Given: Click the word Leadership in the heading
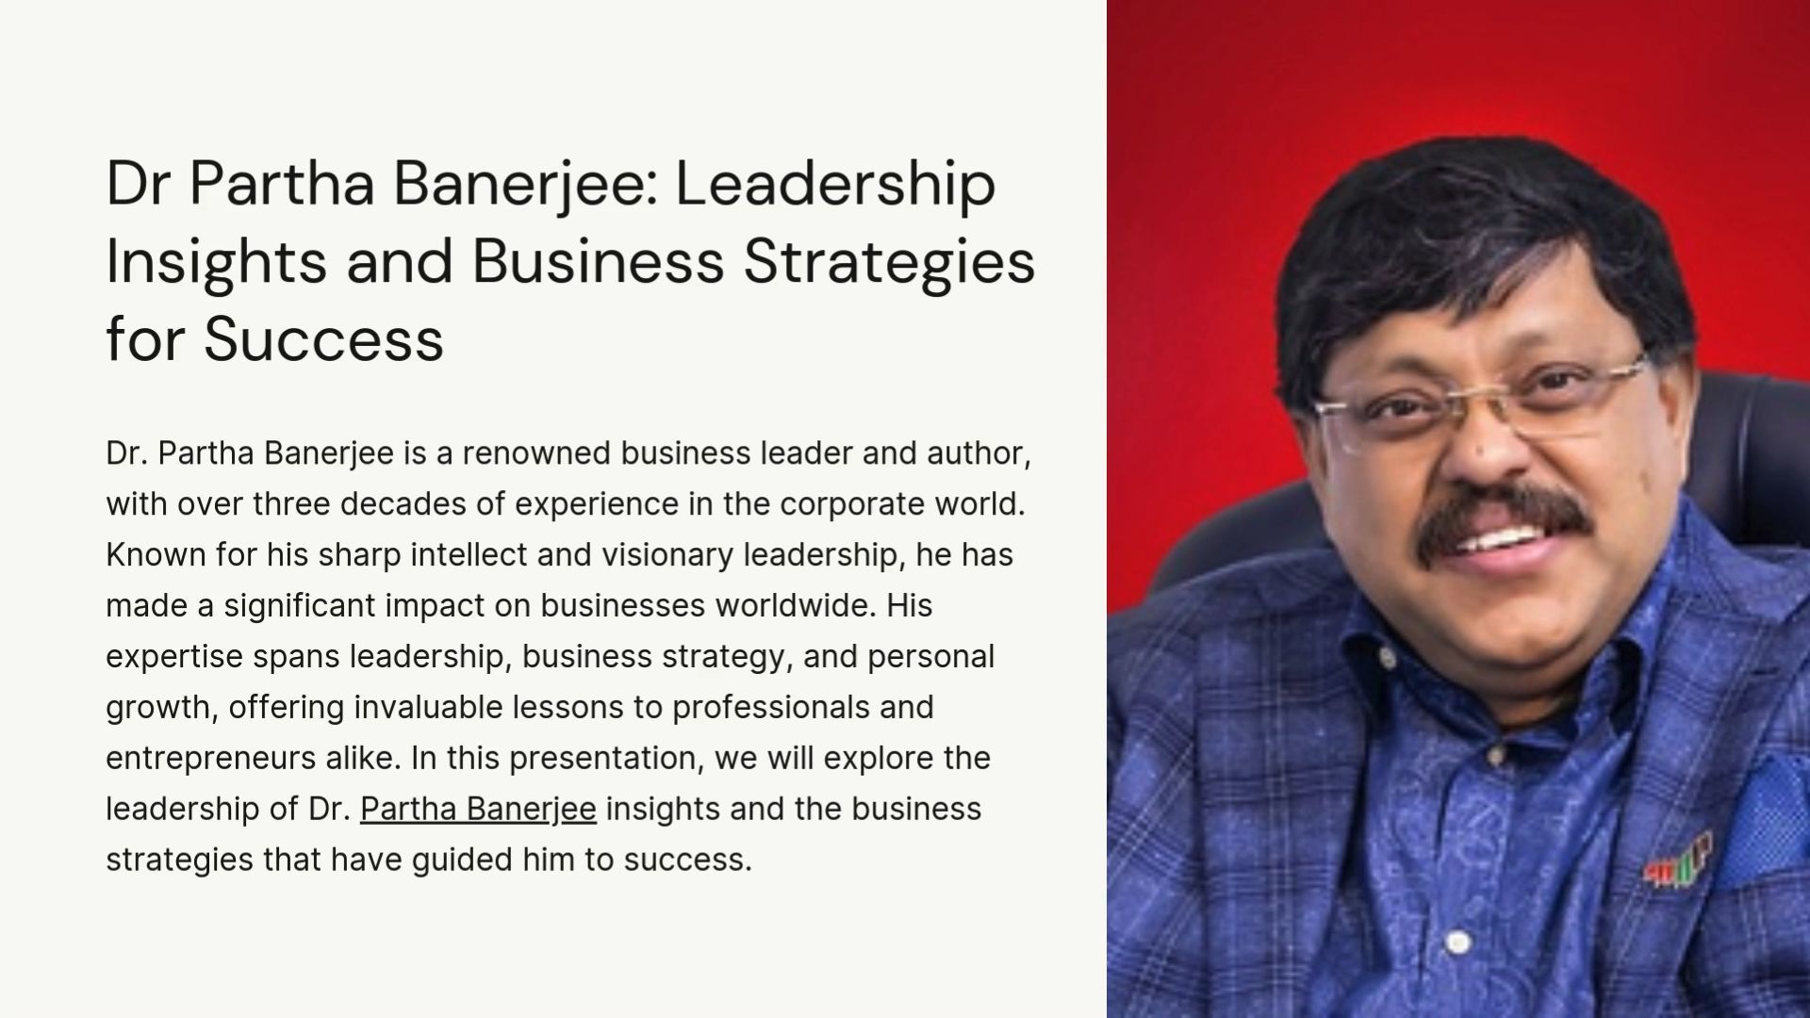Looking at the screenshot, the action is (835, 185).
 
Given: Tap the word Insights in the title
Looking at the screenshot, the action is (216, 262).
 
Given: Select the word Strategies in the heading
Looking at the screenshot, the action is (889, 262).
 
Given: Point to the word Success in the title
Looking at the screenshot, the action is (323, 339).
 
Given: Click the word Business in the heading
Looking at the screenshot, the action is (598, 261).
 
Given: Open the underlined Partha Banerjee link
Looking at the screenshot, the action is (478, 809).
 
